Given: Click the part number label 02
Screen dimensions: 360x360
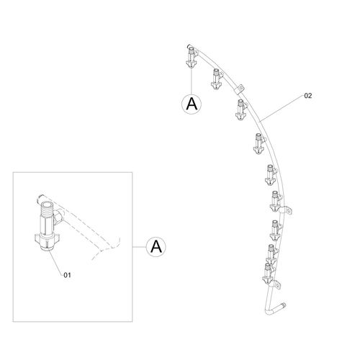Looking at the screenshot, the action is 308,96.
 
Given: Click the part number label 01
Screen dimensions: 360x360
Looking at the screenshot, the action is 67,275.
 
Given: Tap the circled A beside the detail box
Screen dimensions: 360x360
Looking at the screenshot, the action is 156,247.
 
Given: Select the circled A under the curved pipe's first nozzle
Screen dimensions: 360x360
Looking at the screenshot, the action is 192,104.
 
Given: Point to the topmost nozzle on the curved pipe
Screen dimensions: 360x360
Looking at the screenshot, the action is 192,57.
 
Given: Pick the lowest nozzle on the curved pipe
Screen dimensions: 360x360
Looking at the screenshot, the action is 268,274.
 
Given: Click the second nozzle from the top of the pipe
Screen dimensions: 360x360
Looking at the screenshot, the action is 217,78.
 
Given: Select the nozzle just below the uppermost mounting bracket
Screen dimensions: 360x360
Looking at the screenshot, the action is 240,109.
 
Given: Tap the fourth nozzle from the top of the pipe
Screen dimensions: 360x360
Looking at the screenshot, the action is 258,143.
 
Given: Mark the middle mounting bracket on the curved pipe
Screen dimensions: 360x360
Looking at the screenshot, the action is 286,210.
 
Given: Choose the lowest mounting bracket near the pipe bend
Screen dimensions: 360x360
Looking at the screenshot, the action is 276,285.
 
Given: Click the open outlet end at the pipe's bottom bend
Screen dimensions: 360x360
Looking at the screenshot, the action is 284,305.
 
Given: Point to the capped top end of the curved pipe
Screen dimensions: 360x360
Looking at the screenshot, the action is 189,46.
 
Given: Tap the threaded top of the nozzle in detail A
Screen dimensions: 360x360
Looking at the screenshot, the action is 46,207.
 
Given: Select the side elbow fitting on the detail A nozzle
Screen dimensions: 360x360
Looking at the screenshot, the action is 58,217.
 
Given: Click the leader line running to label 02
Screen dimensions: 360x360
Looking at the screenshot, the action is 282,108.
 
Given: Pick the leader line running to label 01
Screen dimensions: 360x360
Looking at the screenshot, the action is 55,262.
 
